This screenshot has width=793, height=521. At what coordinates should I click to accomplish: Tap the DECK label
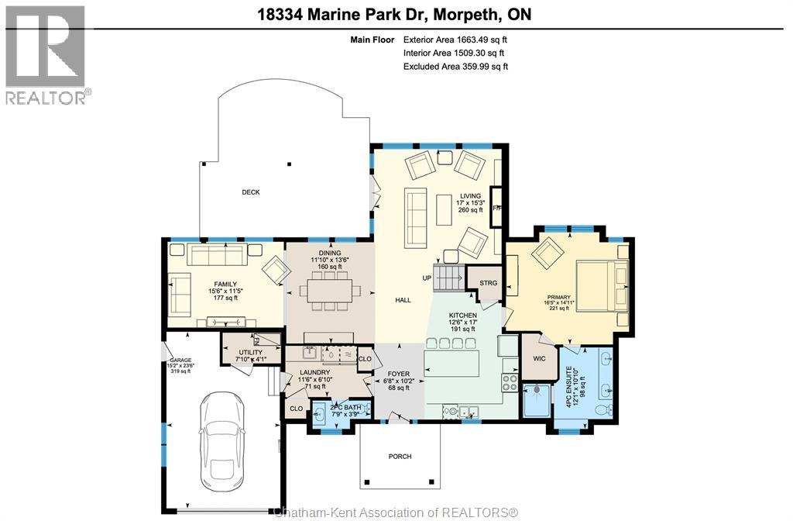click(250, 192)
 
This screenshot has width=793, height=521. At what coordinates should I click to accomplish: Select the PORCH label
click(400, 457)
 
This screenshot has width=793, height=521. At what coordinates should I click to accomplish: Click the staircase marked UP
click(448, 277)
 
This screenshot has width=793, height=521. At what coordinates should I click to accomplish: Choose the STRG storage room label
click(488, 283)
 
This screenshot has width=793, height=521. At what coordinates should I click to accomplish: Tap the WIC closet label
click(539, 359)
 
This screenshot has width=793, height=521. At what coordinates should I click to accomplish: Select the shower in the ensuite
click(536, 399)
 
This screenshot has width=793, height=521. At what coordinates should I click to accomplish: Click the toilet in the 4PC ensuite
click(600, 409)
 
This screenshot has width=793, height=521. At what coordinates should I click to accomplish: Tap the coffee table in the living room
click(443, 209)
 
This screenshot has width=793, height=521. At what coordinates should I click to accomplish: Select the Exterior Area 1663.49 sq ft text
click(455, 40)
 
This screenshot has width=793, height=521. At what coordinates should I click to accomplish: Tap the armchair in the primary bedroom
click(549, 253)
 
